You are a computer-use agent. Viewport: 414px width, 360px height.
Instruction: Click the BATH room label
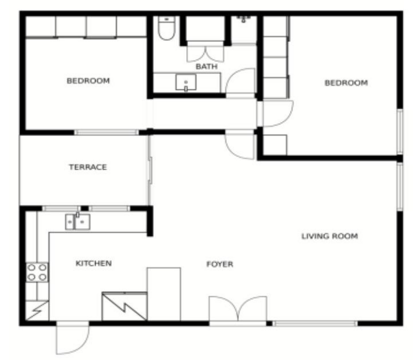pos(207,66)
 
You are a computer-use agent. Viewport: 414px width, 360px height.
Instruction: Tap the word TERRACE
pos(88,167)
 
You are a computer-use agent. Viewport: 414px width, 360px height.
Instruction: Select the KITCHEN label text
pos(94,263)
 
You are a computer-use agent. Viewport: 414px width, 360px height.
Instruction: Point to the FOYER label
pos(220,264)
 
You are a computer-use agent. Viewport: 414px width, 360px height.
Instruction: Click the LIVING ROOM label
pos(330,236)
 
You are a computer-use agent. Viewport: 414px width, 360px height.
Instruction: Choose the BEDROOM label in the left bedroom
pos(88,80)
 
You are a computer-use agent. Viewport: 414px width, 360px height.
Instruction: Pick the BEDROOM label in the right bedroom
pos(346,83)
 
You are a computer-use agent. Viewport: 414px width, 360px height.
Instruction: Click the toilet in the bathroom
pos(166,28)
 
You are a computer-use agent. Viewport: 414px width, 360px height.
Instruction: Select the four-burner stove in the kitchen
pos(37,272)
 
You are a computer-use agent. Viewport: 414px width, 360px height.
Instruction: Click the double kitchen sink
pos(78,221)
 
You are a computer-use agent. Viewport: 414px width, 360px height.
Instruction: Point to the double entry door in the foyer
pos(238,309)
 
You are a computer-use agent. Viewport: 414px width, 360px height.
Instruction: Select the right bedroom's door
pos(278,114)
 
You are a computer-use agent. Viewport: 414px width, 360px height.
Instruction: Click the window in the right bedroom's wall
pos(400,132)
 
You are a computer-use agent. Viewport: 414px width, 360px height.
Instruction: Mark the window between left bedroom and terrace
pos(106,132)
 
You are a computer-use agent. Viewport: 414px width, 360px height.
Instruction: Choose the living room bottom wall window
pos(315,323)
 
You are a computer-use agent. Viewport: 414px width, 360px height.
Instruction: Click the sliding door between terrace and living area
pos(150,170)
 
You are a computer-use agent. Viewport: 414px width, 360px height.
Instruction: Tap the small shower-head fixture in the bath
pos(243,19)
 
